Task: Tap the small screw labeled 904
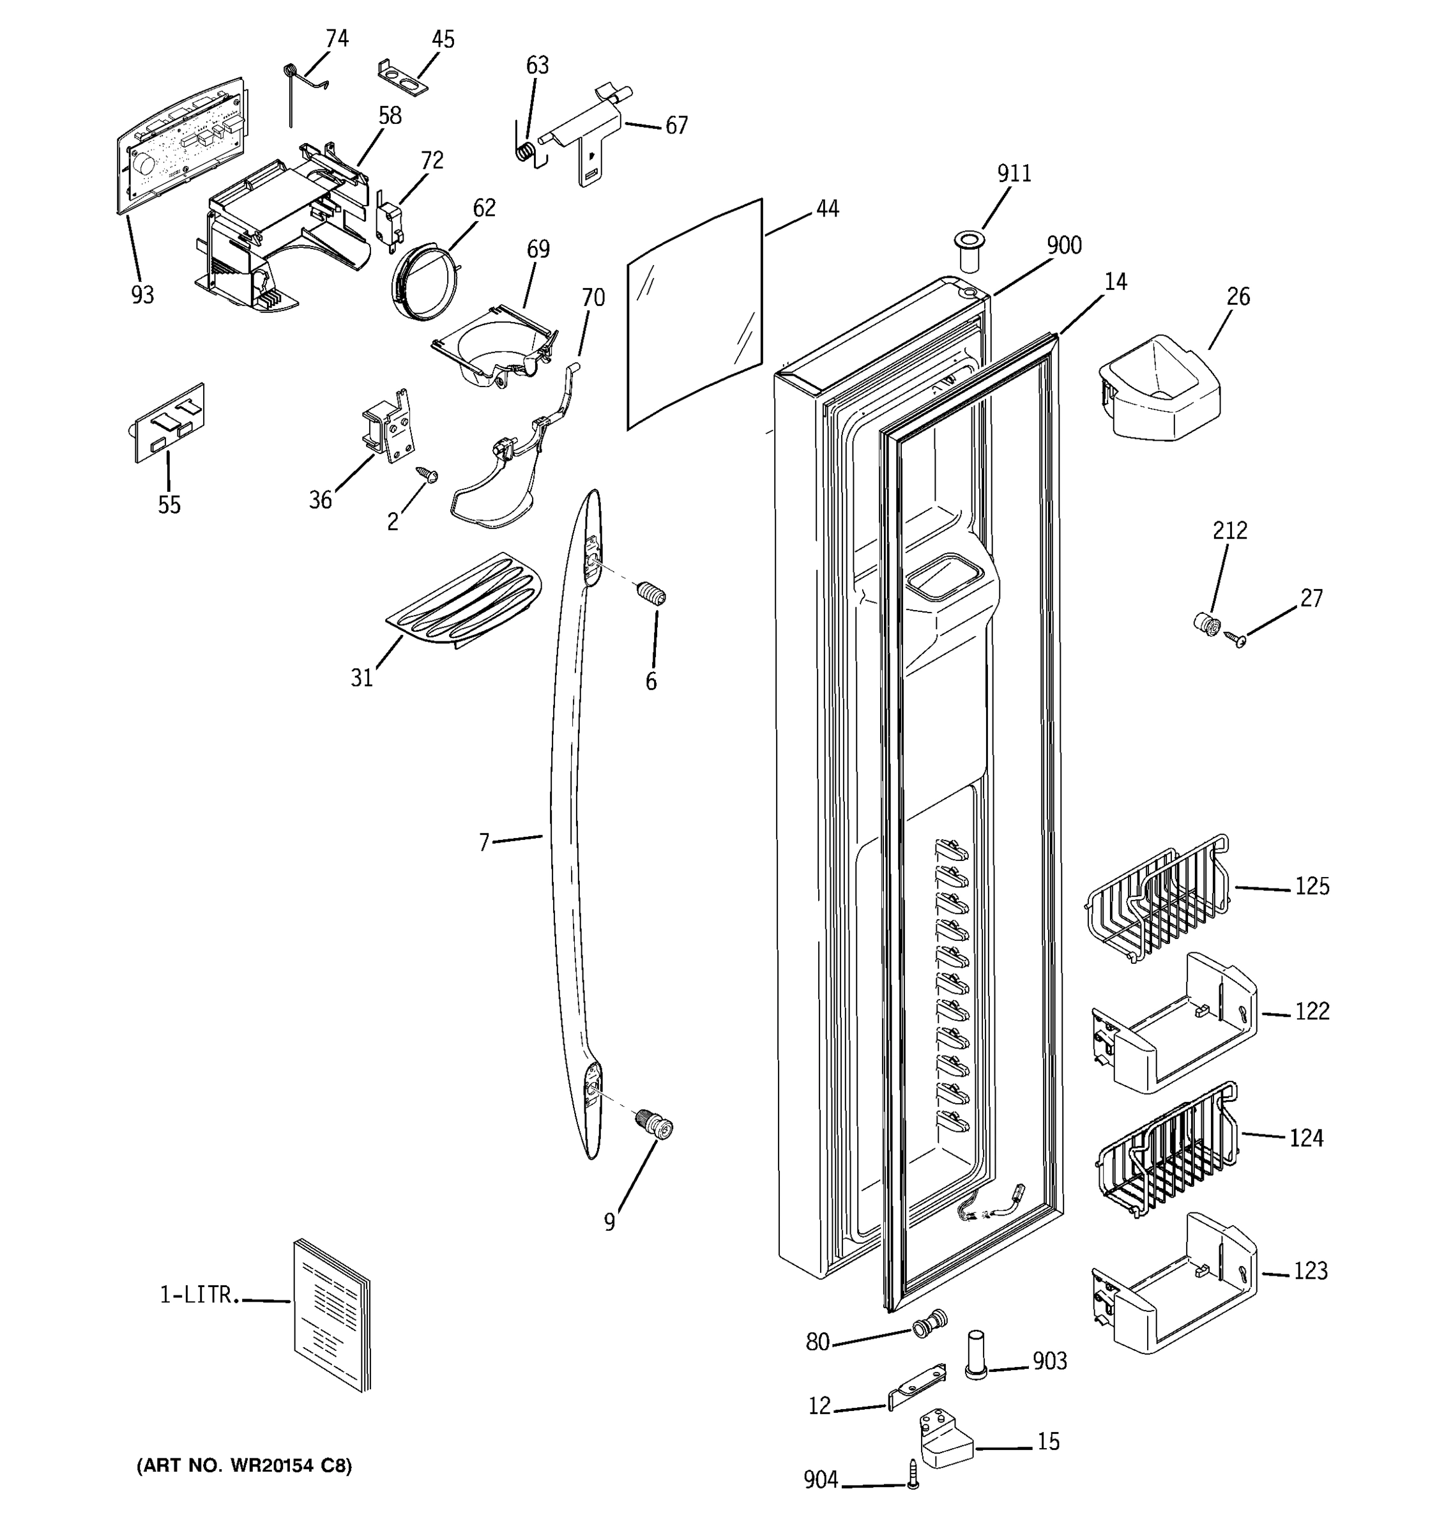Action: tap(913, 1474)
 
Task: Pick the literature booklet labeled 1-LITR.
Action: tap(332, 1316)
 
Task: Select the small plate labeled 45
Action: tap(402, 78)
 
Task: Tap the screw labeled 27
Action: tap(1236, 639)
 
